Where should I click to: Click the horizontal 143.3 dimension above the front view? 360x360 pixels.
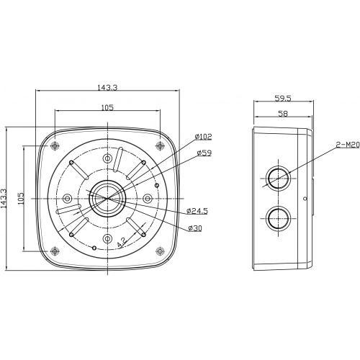107,87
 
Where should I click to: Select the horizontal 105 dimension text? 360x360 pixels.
107,107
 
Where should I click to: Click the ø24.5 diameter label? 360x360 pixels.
198,211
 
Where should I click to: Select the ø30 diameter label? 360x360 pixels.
194,228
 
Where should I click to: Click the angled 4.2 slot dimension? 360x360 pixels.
123,242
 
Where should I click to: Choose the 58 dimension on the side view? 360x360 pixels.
282,114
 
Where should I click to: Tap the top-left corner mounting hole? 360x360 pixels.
56,146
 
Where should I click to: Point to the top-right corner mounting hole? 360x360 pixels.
158,146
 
